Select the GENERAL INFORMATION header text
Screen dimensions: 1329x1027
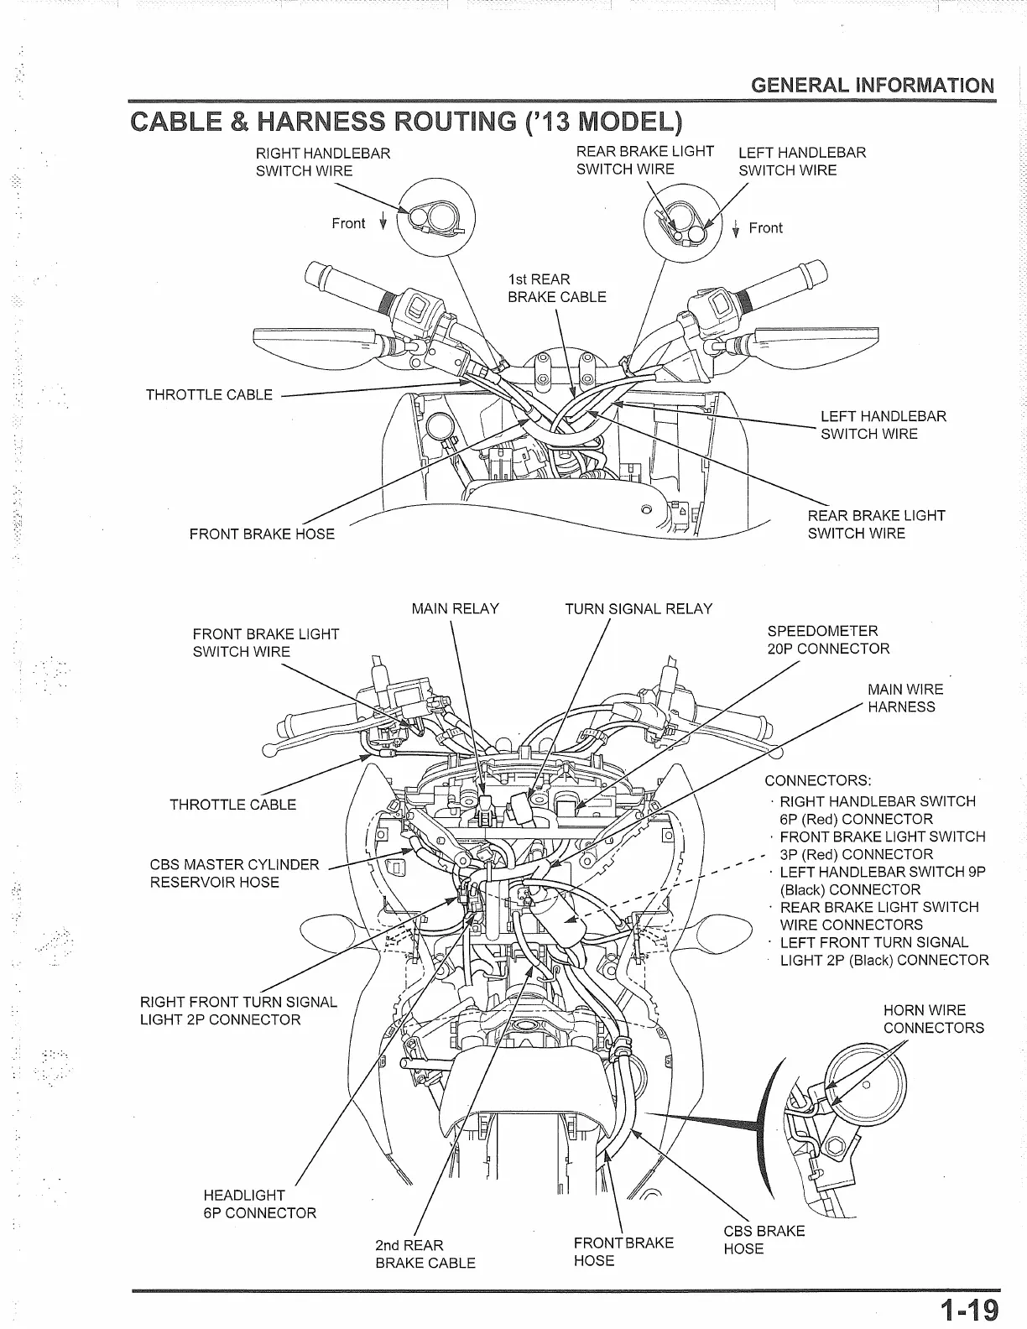click(873, 86)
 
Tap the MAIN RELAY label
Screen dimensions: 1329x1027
click(455, 609)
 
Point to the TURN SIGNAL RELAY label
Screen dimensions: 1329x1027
click(639, 609)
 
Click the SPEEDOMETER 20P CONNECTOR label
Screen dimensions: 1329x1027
click(828, 639)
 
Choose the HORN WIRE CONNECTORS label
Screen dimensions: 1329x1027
click(933, 1019)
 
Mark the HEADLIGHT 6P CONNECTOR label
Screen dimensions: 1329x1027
click(260, 1203)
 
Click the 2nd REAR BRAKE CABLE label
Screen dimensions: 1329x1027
click(425, 1253)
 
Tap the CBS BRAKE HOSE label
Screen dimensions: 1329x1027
click(764, 1239)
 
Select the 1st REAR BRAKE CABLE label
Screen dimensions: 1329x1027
click(556, 288)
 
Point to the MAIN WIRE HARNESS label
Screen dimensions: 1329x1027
click(904, 698)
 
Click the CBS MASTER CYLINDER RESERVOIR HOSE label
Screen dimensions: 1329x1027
click(234, 873)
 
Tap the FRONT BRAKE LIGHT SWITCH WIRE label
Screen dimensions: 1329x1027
click(265, 643)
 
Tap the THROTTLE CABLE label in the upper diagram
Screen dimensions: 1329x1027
click(209, 394)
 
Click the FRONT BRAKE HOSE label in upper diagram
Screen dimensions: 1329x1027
click(262, 534)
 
